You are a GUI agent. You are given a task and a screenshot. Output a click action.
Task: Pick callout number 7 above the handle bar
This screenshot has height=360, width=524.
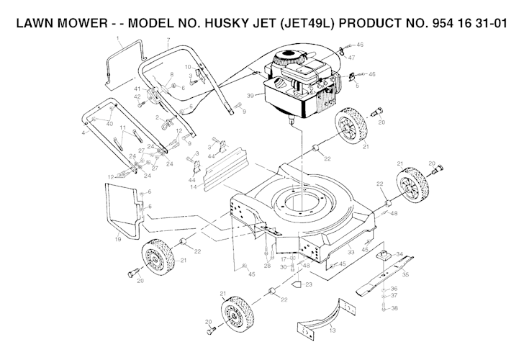(x=167, y=40)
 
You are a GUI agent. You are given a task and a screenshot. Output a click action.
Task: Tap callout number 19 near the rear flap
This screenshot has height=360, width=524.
(x=117, y=239)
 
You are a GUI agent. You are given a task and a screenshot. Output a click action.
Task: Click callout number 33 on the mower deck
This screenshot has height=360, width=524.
(x=351, y=251)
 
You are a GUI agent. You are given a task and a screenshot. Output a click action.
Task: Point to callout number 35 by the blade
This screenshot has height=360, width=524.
(x=405, y=274)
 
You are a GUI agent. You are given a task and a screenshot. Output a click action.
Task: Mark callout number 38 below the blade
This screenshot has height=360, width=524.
(x=394, y=308)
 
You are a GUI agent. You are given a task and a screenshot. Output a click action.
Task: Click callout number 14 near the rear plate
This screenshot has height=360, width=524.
(x=194, y=187)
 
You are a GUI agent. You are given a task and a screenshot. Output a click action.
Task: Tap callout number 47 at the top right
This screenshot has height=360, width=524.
(x=351, y=56)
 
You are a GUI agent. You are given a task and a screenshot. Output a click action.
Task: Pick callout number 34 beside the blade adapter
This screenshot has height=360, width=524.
(x=399, y=253)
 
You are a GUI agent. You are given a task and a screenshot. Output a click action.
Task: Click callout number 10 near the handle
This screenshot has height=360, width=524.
(x=187, y=67)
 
